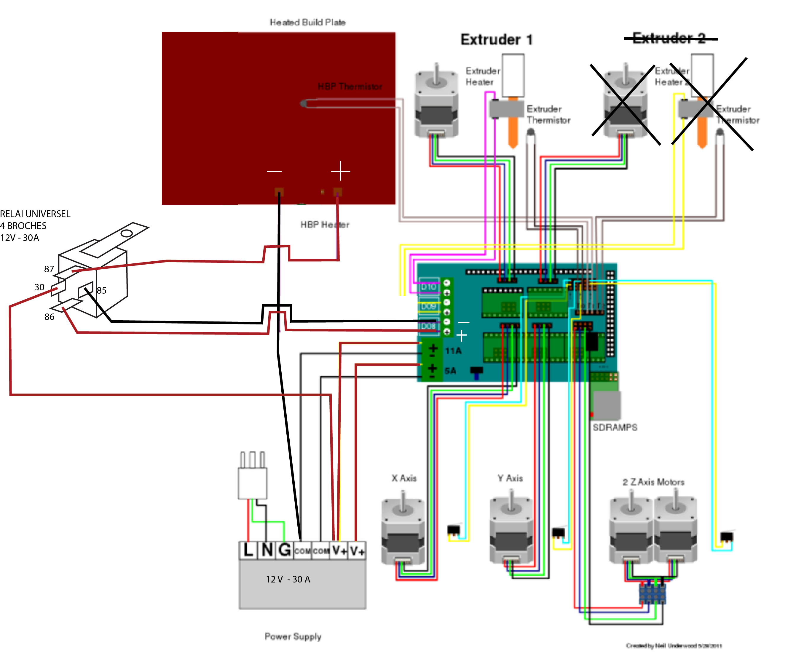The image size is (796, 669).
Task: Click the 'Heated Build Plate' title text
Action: point(308,23)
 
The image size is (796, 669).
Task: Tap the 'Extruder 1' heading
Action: point(497,40)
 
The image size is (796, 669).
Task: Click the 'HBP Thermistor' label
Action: point(350,87)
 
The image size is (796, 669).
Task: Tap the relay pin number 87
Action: point(49,269)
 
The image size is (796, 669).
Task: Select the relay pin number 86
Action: point(49,317)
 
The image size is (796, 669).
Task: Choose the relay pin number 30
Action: point(39,287)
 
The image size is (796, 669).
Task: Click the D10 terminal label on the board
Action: point(429,287)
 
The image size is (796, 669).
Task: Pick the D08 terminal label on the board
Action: point(428,326)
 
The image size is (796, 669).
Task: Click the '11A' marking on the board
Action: point(453,351)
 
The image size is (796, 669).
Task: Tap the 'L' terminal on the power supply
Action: point(248,550)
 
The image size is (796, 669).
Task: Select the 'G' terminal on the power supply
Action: point(285,550)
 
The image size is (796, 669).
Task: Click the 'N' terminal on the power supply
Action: point(267,550)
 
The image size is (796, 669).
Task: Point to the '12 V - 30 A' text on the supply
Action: point(288,579)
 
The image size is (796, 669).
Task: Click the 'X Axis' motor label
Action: point(404,478)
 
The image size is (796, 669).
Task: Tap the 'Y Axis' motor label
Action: point(510,478)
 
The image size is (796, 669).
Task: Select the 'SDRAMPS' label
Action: point(615,428)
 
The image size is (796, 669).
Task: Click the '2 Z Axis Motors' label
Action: point(653,482)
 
